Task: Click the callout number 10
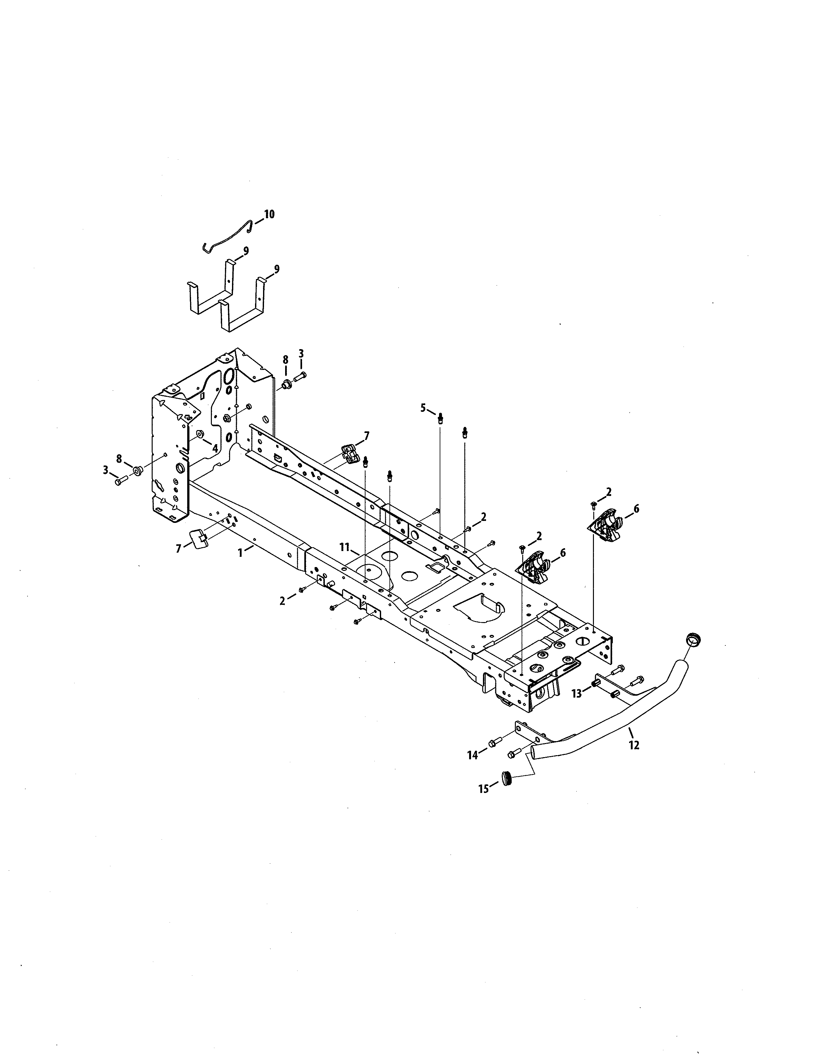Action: tap(269, 214)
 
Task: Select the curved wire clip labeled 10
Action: tap(227, 236)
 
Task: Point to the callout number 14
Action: tap(473, 754)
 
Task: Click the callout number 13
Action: tap(576, 693)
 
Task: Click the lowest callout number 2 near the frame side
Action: tap(283, 601)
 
